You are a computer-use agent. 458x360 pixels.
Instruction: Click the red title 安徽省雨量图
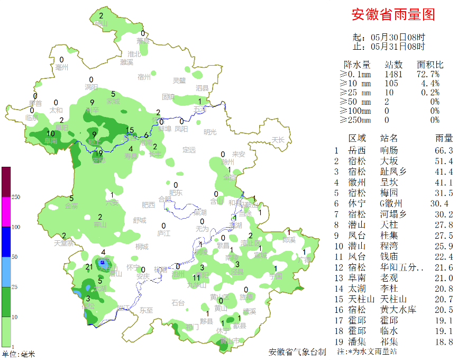(393, 15)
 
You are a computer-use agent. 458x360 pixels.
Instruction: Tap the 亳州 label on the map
(62, 67)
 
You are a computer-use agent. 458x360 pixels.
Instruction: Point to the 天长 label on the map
(278, 140)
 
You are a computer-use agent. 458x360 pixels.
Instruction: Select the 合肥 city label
(165, 199)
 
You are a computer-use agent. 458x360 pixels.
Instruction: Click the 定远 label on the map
(189, 150)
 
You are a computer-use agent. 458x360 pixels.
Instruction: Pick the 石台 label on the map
(178, 303)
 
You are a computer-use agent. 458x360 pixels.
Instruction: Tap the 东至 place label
(146, 310)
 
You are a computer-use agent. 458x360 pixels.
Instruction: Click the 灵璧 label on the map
(179, 80)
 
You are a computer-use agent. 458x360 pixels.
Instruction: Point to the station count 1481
(393, 74)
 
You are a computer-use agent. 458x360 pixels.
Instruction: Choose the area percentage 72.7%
(429, 74)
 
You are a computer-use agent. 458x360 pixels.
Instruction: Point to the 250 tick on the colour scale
(16, 197)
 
